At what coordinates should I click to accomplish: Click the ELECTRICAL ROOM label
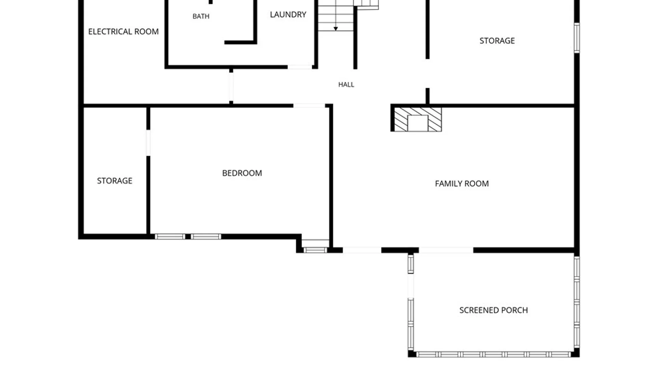pyautogui.click(x=124, y=31)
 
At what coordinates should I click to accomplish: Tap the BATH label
pyautogui.click(x=201, y=16)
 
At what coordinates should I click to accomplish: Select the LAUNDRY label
pyautogui.click(x=288, y=14)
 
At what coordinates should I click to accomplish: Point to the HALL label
pyautogui.click(x=346, y=84)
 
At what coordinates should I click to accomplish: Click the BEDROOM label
pyautogui.click(x=242, y=173)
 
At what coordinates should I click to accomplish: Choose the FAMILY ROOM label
pyautogui.click(x=462, y=183)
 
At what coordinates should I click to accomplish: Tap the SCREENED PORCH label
pyautogui.click(x=494, y=310)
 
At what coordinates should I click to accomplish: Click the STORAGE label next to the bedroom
pyautogui.click(x=115, y=180)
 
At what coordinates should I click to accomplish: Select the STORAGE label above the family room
pyautogui.click(x=497, y=41)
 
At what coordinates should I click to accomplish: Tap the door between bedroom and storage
pyautogui.click(x=148, y=143)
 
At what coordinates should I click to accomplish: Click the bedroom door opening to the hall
pyautogui.click(x=309, y=106)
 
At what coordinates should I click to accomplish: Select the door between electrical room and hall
pyautogui.click(x=231, y=87)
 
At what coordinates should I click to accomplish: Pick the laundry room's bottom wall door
pyautogui.click(x=300, y=67)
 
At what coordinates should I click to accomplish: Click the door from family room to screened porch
pyautogui.click(x=446, y=250)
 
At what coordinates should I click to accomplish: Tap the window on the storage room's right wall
pyautogui.click(x=577, y=38)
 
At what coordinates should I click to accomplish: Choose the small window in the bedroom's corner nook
pyautogui.click(x=315, y=250)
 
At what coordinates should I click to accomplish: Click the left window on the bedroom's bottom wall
pyautogui.click(x=170, y=236)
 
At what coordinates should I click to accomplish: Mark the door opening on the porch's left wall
pyautogui.click(x=411, y=286)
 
